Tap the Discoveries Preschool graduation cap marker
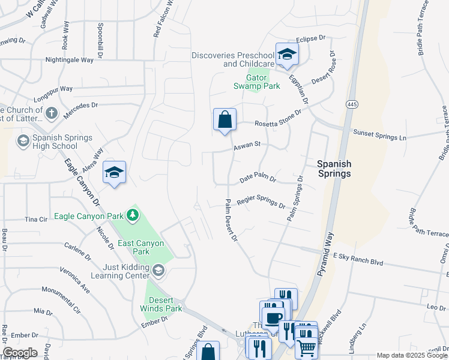(x=287, y=55)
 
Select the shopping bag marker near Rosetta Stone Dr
(x=224, y=119)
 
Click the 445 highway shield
(x=352, y=104)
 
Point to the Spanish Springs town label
(x=334, y=169)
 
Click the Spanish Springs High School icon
(x=23, y=141)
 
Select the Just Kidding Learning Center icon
(x=158, y=271)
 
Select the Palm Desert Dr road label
(x=232, y=220)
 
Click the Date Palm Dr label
(x=258, y=179)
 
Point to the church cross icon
(x=52, y=112)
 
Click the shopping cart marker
(x=306, y=346)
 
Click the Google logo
(x=20, y=353)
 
